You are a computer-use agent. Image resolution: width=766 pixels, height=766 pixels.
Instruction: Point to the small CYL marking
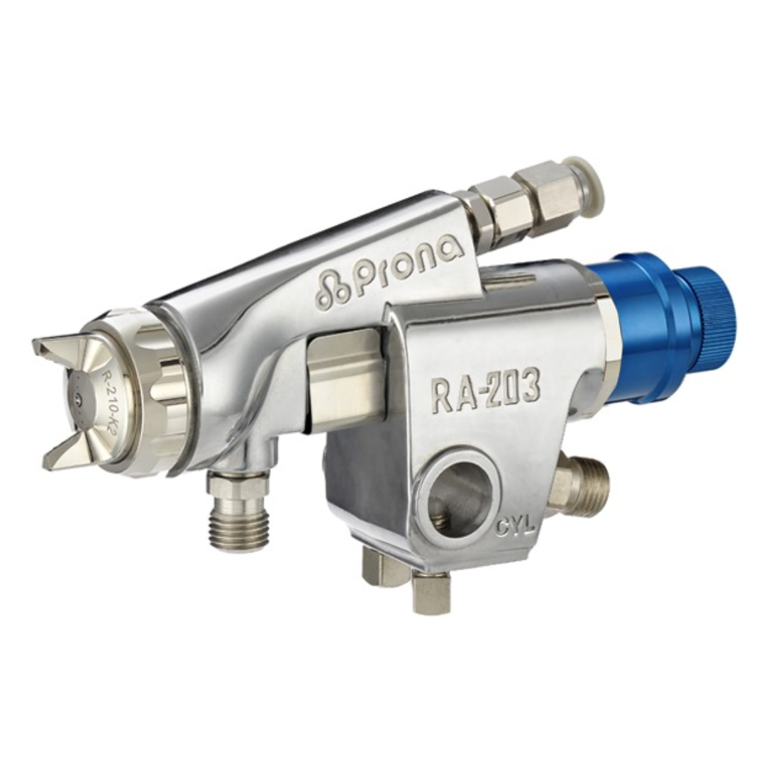point(516,528)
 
